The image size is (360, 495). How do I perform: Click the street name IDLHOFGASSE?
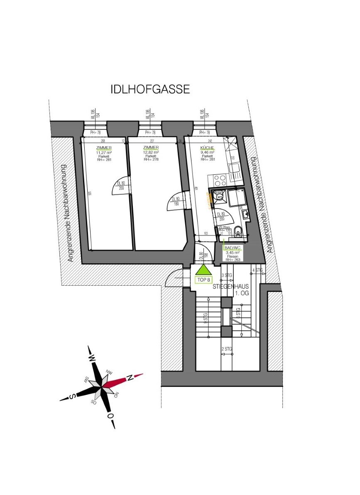coord(150,89)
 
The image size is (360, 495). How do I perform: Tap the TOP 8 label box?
coord(203,280)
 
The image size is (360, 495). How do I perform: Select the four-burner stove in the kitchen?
coord(220,180)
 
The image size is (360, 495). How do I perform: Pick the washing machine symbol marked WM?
coord(220,196)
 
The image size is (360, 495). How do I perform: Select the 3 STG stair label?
coord(227,275)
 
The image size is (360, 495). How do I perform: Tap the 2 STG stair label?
coord(226,349)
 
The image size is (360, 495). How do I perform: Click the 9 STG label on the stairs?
coord(206,318)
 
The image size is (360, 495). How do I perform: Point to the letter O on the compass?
coord(110,415)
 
